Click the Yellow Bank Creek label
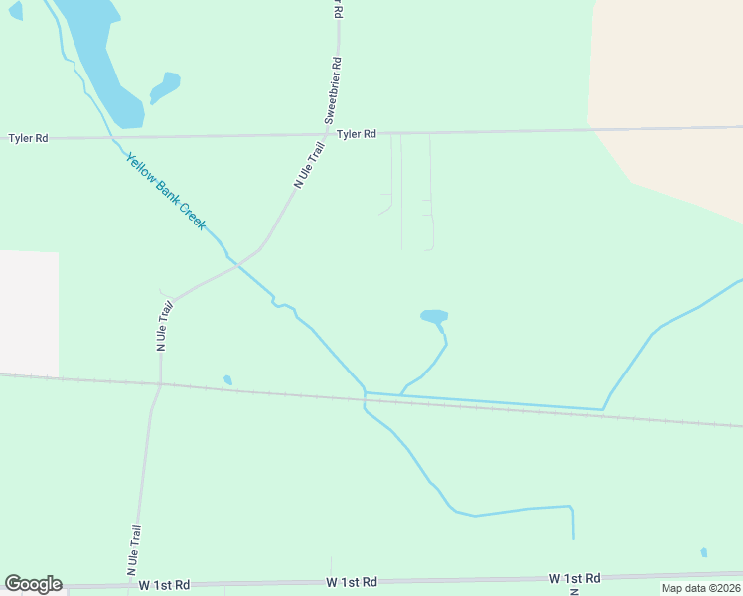165,191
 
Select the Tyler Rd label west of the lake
28,138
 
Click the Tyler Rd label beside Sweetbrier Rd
356,134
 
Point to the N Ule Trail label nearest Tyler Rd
310,164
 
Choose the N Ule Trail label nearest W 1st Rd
132,550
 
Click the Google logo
33,584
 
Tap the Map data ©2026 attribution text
700,588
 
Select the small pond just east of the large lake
166,86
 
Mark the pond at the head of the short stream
434,316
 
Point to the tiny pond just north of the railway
227,379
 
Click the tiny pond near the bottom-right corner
703,552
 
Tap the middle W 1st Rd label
352,581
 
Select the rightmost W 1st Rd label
574,578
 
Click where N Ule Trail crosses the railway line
160,384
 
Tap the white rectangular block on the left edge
29,312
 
